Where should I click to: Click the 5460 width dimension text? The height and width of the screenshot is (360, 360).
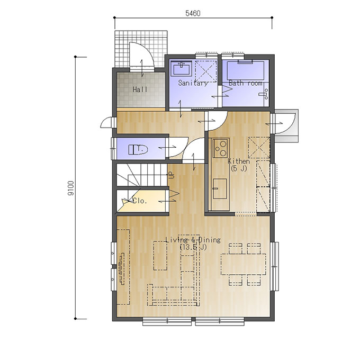coord(193,13)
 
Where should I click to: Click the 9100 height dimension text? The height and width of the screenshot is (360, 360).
coord(71,188)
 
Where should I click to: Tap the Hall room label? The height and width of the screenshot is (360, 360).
coord(140,89)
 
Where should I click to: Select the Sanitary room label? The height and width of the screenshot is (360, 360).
coord(193,83)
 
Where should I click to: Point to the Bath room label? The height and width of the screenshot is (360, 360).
coord(246,83)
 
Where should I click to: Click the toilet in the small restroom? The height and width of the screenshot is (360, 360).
coord(138,149)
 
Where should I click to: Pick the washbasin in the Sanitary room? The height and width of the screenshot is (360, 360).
coord(182,68)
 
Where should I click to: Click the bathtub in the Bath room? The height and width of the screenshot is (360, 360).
coord(246,70)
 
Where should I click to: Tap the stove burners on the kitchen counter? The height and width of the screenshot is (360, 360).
coord(221,148)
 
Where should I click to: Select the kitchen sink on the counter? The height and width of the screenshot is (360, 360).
coord(220,188)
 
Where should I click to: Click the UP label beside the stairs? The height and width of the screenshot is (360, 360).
coord(172,175)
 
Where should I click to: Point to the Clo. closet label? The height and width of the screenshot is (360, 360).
coord(140,201)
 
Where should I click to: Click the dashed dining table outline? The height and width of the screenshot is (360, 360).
coord(244,264)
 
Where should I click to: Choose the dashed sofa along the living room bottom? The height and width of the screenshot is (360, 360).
coord(173,295)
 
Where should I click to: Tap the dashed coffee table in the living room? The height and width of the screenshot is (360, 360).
coord(160,256)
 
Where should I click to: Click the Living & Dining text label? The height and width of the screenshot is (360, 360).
coord(193,240)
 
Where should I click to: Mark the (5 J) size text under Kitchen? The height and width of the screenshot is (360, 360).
coord(239,168)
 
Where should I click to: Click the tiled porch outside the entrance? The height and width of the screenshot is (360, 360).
coord(141,49)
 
